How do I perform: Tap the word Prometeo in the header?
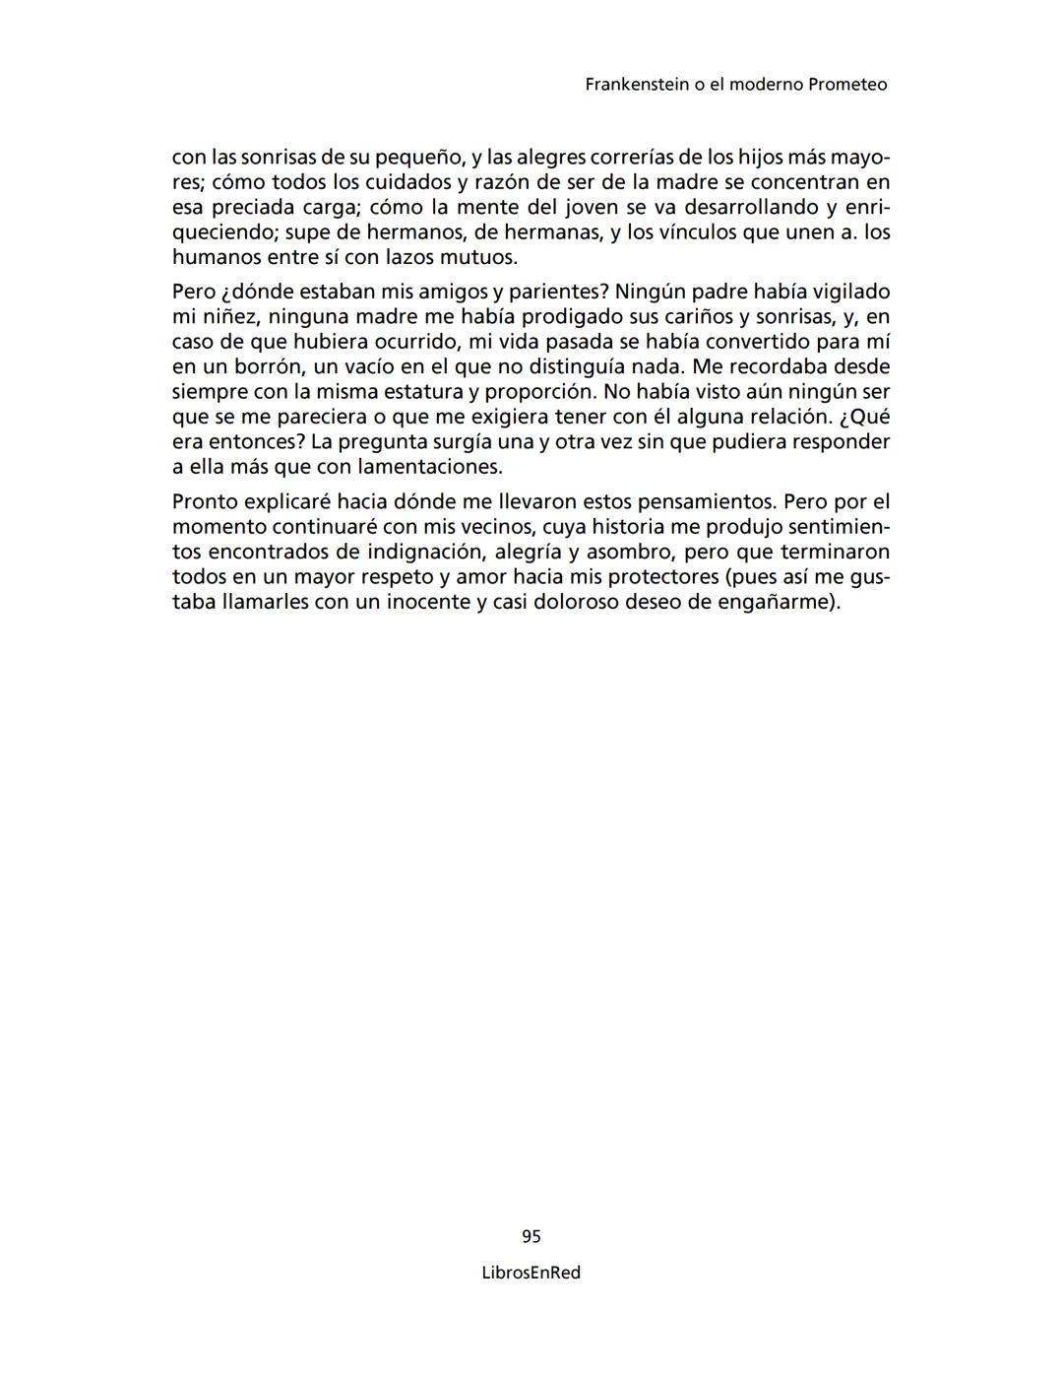coord(846,85)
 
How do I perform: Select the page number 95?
coord(531,1236)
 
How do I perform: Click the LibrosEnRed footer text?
coord(531,1273)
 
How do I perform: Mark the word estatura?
coord(411,392)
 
